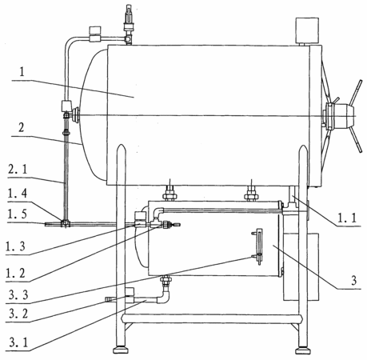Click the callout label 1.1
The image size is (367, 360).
pyautogui.click(x=346, y=218)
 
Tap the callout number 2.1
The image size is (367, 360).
pyautogui.click(x=18, y=170)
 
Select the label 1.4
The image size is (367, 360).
pyautogui.click(x=18, y=194)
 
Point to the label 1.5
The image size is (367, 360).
pyautogui.click(x=18, y=214)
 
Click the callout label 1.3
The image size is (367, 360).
pyautogui.click(x=15, y=246)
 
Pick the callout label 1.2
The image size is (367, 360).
pyautogui.click(x=15, y=273)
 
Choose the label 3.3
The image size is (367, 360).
pyautogui.click(x=18, y=295)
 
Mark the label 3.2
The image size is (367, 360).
pyautogui.click(x=18, y=314)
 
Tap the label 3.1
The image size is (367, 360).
pyautogui.click(x=18, y=342)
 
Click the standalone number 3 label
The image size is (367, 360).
pyautogui.click(x=353, y=280)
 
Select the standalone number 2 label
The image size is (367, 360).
pyautogui.click(x=21, y=127)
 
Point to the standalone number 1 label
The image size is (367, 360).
pyautogui.click(x=22, y=71)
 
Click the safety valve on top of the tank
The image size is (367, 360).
pyautogui.click(x=129, y=25)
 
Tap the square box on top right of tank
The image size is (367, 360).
pyautogui.click(x=307, y=30)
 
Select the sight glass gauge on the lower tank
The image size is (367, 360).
pyautogui.click(x=258, y=246)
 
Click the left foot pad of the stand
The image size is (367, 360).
pyautogui.click(x=120, y=350)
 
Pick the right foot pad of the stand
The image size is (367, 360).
pyautogui.click(x=303, y=350)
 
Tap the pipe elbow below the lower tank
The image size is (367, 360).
pyautogui.click(x=164, y=297)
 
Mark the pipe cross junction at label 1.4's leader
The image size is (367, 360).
pyautogui.click(x=66, y=223)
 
